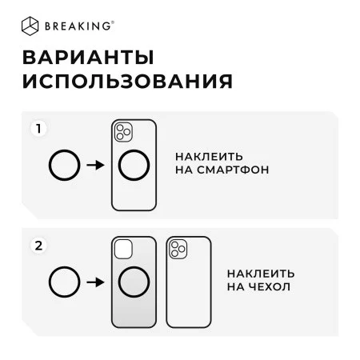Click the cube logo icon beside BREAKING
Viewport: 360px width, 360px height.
pos(30,26)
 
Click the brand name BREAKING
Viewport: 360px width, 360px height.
pos(78,26)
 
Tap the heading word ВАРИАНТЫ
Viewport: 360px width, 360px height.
pos(88,58)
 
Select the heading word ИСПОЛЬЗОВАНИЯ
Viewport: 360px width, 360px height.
pos(127,81)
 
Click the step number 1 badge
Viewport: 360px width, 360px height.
pos(39,129)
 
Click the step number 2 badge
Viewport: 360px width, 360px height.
pos(39,246)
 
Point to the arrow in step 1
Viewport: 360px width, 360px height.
pos(95,165)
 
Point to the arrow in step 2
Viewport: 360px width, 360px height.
pos(95,282)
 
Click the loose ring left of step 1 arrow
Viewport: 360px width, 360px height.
pos(49,166)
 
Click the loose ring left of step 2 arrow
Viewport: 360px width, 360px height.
pos(49,282)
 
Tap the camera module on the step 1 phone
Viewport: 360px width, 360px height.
pos(123,132)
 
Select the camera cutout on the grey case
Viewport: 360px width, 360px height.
pos(123,249)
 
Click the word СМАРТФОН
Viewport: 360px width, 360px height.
pos(233,170)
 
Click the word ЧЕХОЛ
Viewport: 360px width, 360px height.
pos(270,287)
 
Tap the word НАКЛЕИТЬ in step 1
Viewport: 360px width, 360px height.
pos(209,157)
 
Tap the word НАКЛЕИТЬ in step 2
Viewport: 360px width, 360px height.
pos(261,274)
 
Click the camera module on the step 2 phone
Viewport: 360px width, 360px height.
pos(178,249)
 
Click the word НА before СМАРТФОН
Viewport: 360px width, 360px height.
pos(184,170)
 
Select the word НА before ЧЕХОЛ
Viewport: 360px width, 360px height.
pos(236,287)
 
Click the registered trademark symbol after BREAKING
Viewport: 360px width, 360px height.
pos(113,22)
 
